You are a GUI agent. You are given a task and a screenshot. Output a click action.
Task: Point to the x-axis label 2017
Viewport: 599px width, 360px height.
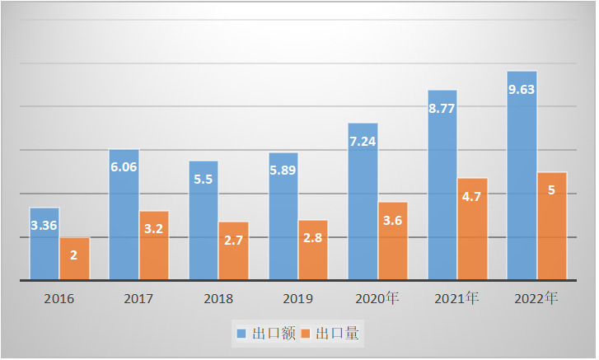[x=138, y=299]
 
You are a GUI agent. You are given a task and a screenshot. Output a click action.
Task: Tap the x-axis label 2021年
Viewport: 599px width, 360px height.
[x=457, y=299]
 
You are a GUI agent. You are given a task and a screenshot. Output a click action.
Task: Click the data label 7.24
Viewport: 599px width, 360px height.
[x=363, y=142]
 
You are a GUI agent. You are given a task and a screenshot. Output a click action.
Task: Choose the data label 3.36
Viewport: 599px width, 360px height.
[x=44, y=225]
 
